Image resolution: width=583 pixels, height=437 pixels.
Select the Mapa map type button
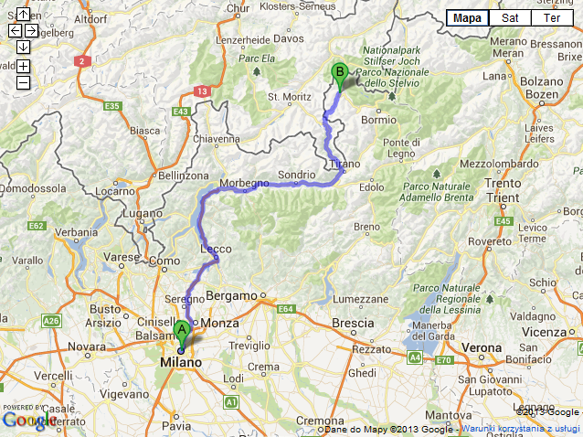[468, 17]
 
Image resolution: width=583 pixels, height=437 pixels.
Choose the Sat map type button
[511, 17]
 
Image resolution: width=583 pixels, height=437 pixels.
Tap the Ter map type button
[552, 17]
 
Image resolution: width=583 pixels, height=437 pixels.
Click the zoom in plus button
[23, 66]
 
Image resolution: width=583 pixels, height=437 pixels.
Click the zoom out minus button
[23, 82]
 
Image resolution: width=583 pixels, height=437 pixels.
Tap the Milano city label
[180, 363]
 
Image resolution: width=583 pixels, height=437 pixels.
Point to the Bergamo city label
[232, 296]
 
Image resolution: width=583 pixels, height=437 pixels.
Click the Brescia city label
[352, 323]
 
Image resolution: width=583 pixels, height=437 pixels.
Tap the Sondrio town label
[295, 174]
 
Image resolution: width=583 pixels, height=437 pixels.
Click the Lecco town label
[216, 249]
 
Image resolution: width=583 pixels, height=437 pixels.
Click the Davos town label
[286, 39]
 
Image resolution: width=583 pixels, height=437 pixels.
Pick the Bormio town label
[378, 120]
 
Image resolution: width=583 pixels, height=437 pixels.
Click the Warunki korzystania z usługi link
[521, 428]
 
